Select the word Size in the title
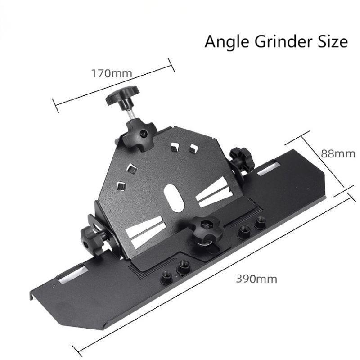click(333, 41)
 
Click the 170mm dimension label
click(112, 73)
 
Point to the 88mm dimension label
click(338, 153)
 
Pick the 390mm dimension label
click(256, 279)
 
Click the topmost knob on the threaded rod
click(122, 95)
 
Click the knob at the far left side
click(92, 240)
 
